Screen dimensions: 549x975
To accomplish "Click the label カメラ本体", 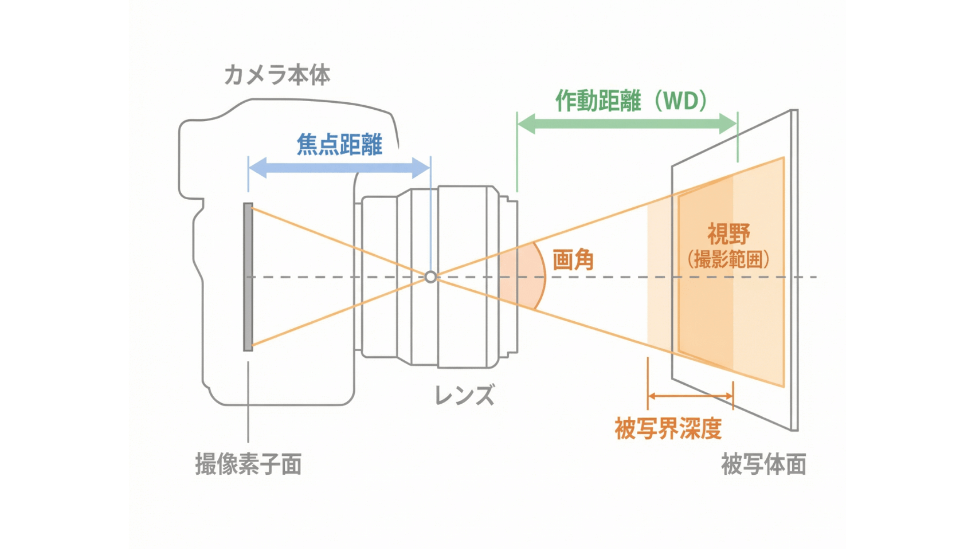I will pyautogui.click(x=277, y=75).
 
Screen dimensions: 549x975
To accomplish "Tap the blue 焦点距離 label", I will pyautogui.click(x=339, y=144).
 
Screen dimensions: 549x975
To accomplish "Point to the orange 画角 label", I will pyautogui.click(x=573, y=260).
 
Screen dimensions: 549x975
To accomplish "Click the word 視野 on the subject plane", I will pyautogui.click(x=729, y=234).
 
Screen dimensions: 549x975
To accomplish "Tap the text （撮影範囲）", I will pyautogui.click(x=729, y=260).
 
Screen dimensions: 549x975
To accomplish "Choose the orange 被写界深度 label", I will pyautogui.click(x=668, y=429).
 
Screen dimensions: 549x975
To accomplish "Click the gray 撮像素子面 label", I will pyautogui.click(x=248, y=464).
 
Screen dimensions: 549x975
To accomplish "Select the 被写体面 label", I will pyautogui.click(x=763, y=464).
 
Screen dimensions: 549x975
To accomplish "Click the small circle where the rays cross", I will pyautogui.click(x=431, y=277).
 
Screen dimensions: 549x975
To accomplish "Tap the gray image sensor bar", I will pyautogui.click(x=248, y=277).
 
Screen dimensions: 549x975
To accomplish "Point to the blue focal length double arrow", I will pyautogui.click(x=339, y=168).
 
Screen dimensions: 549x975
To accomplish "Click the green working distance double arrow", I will pyautogui.click(x=627, y=123).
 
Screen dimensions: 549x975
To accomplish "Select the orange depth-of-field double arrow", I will pyautogui.click(x=691, y=396).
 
